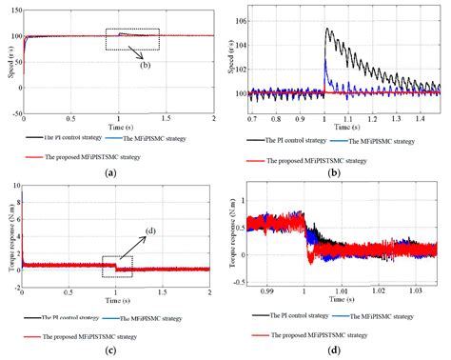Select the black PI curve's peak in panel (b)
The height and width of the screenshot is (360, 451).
326,29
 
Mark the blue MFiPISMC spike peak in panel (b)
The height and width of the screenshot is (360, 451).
324,60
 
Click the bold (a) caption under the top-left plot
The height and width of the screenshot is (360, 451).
111,171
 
